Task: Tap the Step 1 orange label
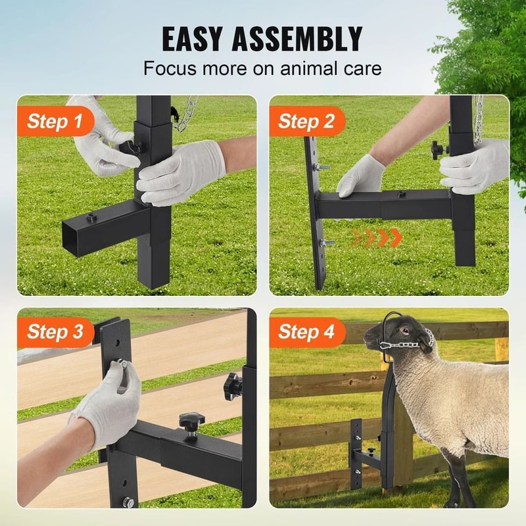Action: (x=55, y=121)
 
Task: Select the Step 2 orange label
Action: (x=306, y=121)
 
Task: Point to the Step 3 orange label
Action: (x=55, y=331)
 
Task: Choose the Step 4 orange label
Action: (x=306, y=331)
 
